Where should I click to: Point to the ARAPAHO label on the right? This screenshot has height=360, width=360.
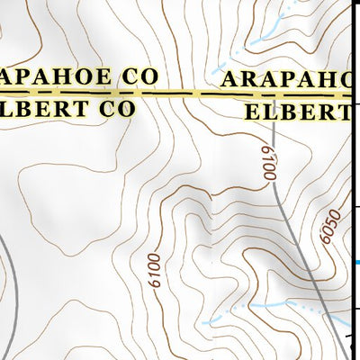[x=284, y=78]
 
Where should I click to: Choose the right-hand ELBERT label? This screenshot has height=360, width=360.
[x=297, y=112]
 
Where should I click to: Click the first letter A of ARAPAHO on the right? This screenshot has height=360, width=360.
[x=228, y=78]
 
